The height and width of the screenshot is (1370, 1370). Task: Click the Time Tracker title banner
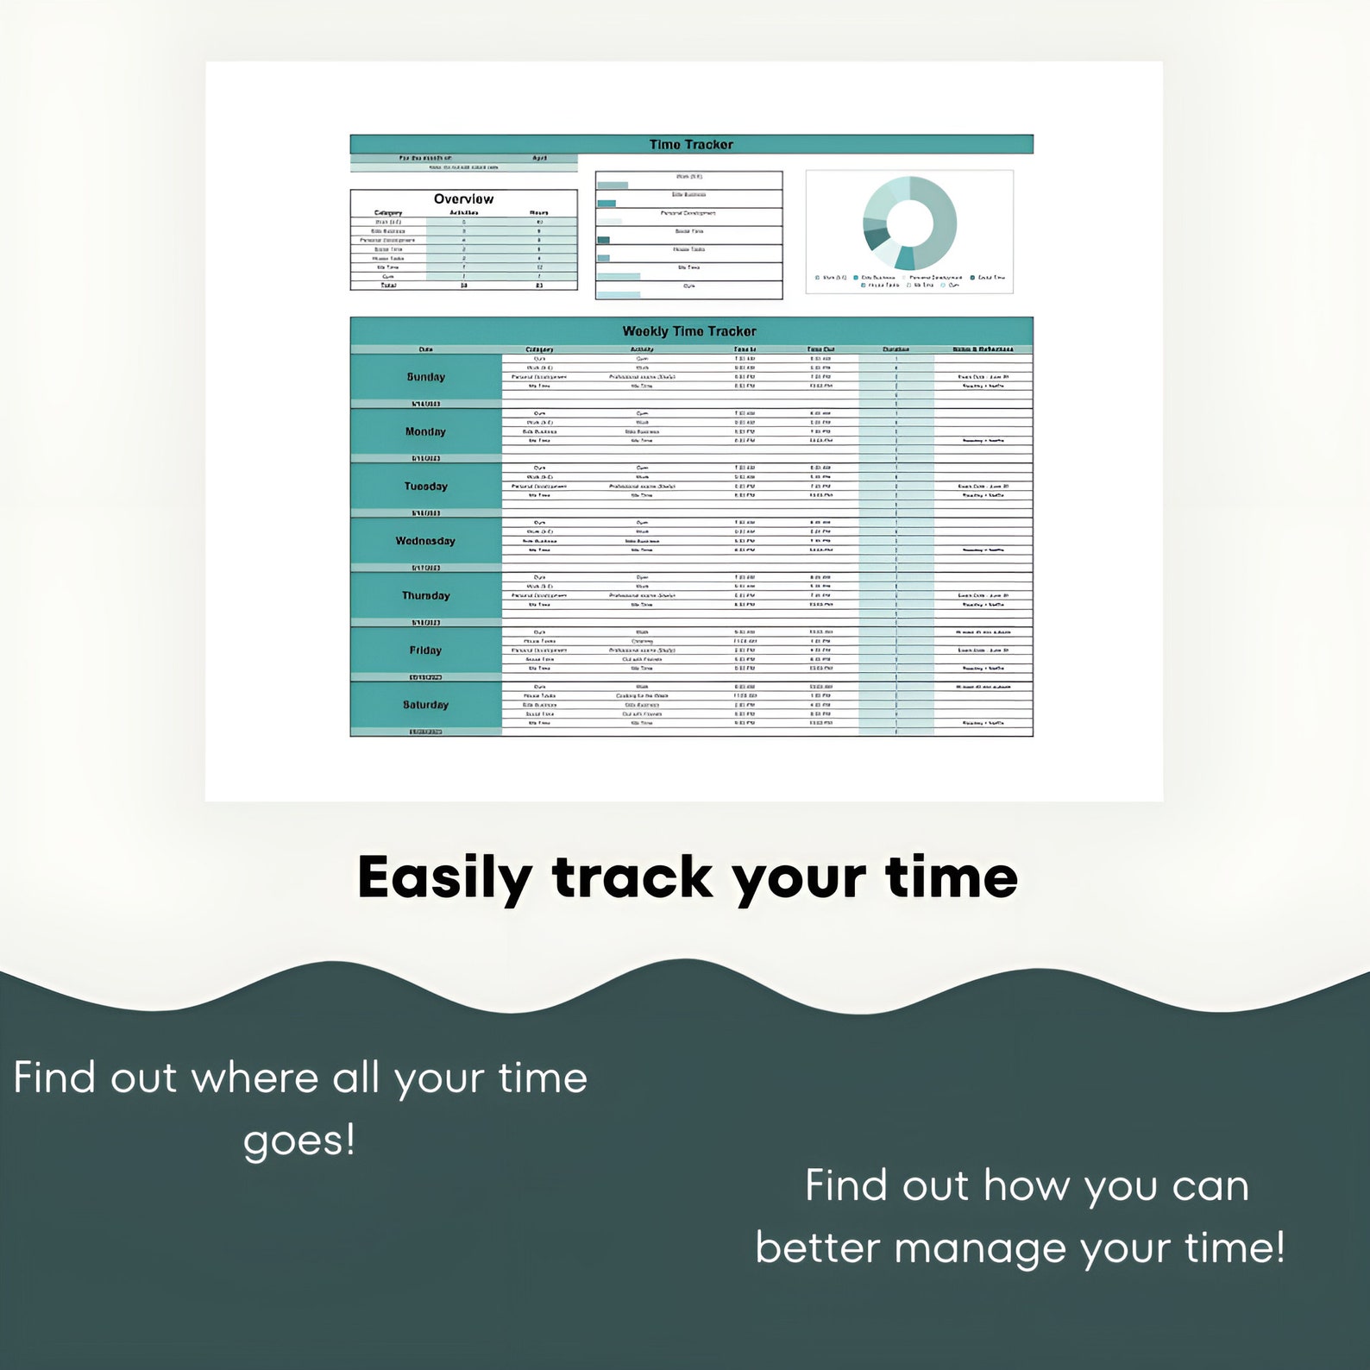tap(691, 144)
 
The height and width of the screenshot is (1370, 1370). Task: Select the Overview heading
tap(463, 198)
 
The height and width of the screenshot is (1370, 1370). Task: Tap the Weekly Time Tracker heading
tap(689, 331)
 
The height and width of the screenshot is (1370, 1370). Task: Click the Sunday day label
tap(426, 377)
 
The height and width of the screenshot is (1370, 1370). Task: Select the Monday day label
tap(426, 431)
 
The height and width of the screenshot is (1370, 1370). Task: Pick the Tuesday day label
tap(426, 487)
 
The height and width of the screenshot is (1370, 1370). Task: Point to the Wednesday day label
tap(425, 541)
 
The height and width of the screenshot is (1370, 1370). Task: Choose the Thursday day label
tap(426, 595)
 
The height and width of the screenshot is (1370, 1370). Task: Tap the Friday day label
tap(425, 650)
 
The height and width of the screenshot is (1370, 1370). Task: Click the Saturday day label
tap(426, 705)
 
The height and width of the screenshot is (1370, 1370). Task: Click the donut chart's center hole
tap(909, 223)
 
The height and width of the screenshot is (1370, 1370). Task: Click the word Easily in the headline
tap(444, 878)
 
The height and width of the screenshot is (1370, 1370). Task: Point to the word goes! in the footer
tap(299, 1141)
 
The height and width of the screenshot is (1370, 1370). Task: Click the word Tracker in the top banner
tap(708, 144)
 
